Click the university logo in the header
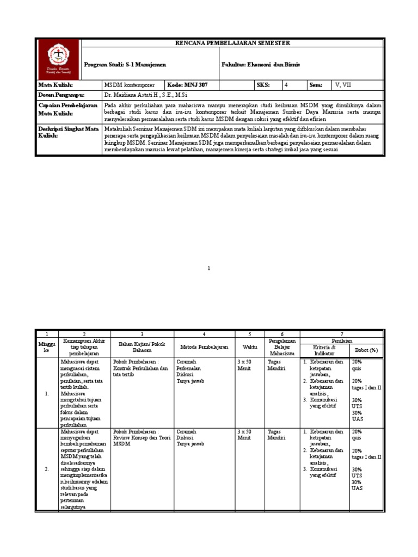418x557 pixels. pyautogui.click(x=58, y=60)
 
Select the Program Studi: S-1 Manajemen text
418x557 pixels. pyautogui.click(x=125, y=65)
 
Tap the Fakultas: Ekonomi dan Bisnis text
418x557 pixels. pyautogui.click(x=260, y=65)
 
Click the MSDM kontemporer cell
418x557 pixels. pyautogui.click(x=130, y=85)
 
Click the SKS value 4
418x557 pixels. pyautogui.click(x=287, y=85)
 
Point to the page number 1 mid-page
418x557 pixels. pyautogui.click(x=208, y=268)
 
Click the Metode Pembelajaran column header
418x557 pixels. pyautogui.click(x=204, y=346)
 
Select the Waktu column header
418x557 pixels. pyautogui.click(x=250, y=346)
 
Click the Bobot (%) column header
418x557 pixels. pyautogui.click(x=366, y=350)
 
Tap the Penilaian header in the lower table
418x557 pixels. pyautogui.click(x=341, y=341)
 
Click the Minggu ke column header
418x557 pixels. pyautogui.click(x=47, y=347)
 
